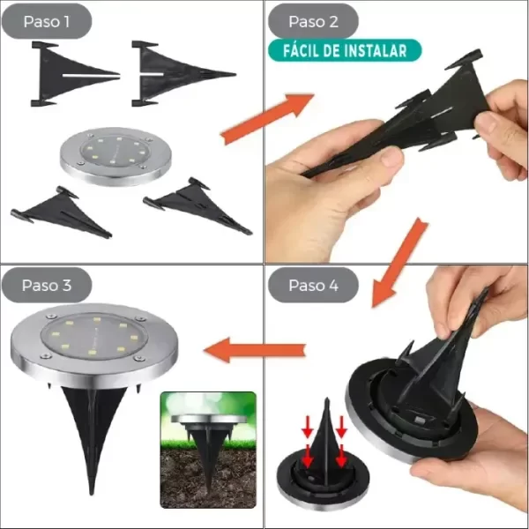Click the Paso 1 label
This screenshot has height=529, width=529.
pos(47,21)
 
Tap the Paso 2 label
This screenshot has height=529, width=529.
pos(313,21)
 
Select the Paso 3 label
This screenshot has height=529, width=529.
pos(47,285)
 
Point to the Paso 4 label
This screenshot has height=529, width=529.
pos(313,285)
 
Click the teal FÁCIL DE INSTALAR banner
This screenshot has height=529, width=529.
pos(345,50)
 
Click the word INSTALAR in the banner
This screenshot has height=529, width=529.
pos(376,50)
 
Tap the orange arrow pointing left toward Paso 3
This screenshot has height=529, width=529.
pos(255,350)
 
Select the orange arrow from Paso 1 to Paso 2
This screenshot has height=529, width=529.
pos(267,118)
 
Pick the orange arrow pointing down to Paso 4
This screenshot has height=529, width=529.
pos(399,263)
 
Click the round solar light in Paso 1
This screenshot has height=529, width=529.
pos(115,156)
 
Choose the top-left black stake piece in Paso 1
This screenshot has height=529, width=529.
pos(75,74)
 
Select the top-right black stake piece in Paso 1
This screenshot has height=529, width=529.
pos(183,73)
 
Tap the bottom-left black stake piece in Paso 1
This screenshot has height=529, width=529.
pos(61,212)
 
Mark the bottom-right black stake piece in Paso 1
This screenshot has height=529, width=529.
pos(197,205)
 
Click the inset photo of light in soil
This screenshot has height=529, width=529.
pos(208,450)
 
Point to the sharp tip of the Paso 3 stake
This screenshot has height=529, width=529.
pos(92,494)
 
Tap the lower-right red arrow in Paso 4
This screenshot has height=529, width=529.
pos(342,456)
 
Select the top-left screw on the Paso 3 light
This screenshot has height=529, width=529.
pos(51,317)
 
